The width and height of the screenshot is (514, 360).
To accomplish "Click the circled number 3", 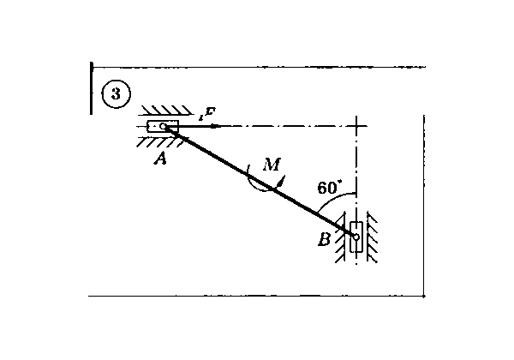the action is pos(117,94).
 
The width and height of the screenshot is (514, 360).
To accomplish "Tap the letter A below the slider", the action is pos(161,159).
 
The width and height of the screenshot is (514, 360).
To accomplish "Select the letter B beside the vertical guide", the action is pos(325,239).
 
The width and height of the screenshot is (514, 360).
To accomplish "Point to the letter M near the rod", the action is pos(272,165).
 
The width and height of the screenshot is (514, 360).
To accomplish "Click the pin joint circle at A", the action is pos(163,126).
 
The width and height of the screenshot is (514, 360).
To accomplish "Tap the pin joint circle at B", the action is pos(356,237).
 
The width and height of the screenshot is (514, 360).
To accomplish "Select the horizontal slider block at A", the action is pos(163,126).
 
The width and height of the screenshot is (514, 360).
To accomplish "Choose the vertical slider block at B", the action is pos(356,237).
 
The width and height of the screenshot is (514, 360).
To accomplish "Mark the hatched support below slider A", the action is pos(161,142).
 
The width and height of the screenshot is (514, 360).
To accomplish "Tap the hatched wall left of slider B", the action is pos(340,237).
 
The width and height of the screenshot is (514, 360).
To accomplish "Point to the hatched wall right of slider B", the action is pos(372,237).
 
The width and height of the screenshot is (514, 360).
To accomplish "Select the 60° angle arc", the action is pos(335,198).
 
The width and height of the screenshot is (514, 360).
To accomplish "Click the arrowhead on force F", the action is pos(213,126).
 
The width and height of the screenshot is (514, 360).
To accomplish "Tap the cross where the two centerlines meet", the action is pos(356,126).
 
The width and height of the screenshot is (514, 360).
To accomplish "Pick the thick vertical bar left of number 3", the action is pos(92,88).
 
